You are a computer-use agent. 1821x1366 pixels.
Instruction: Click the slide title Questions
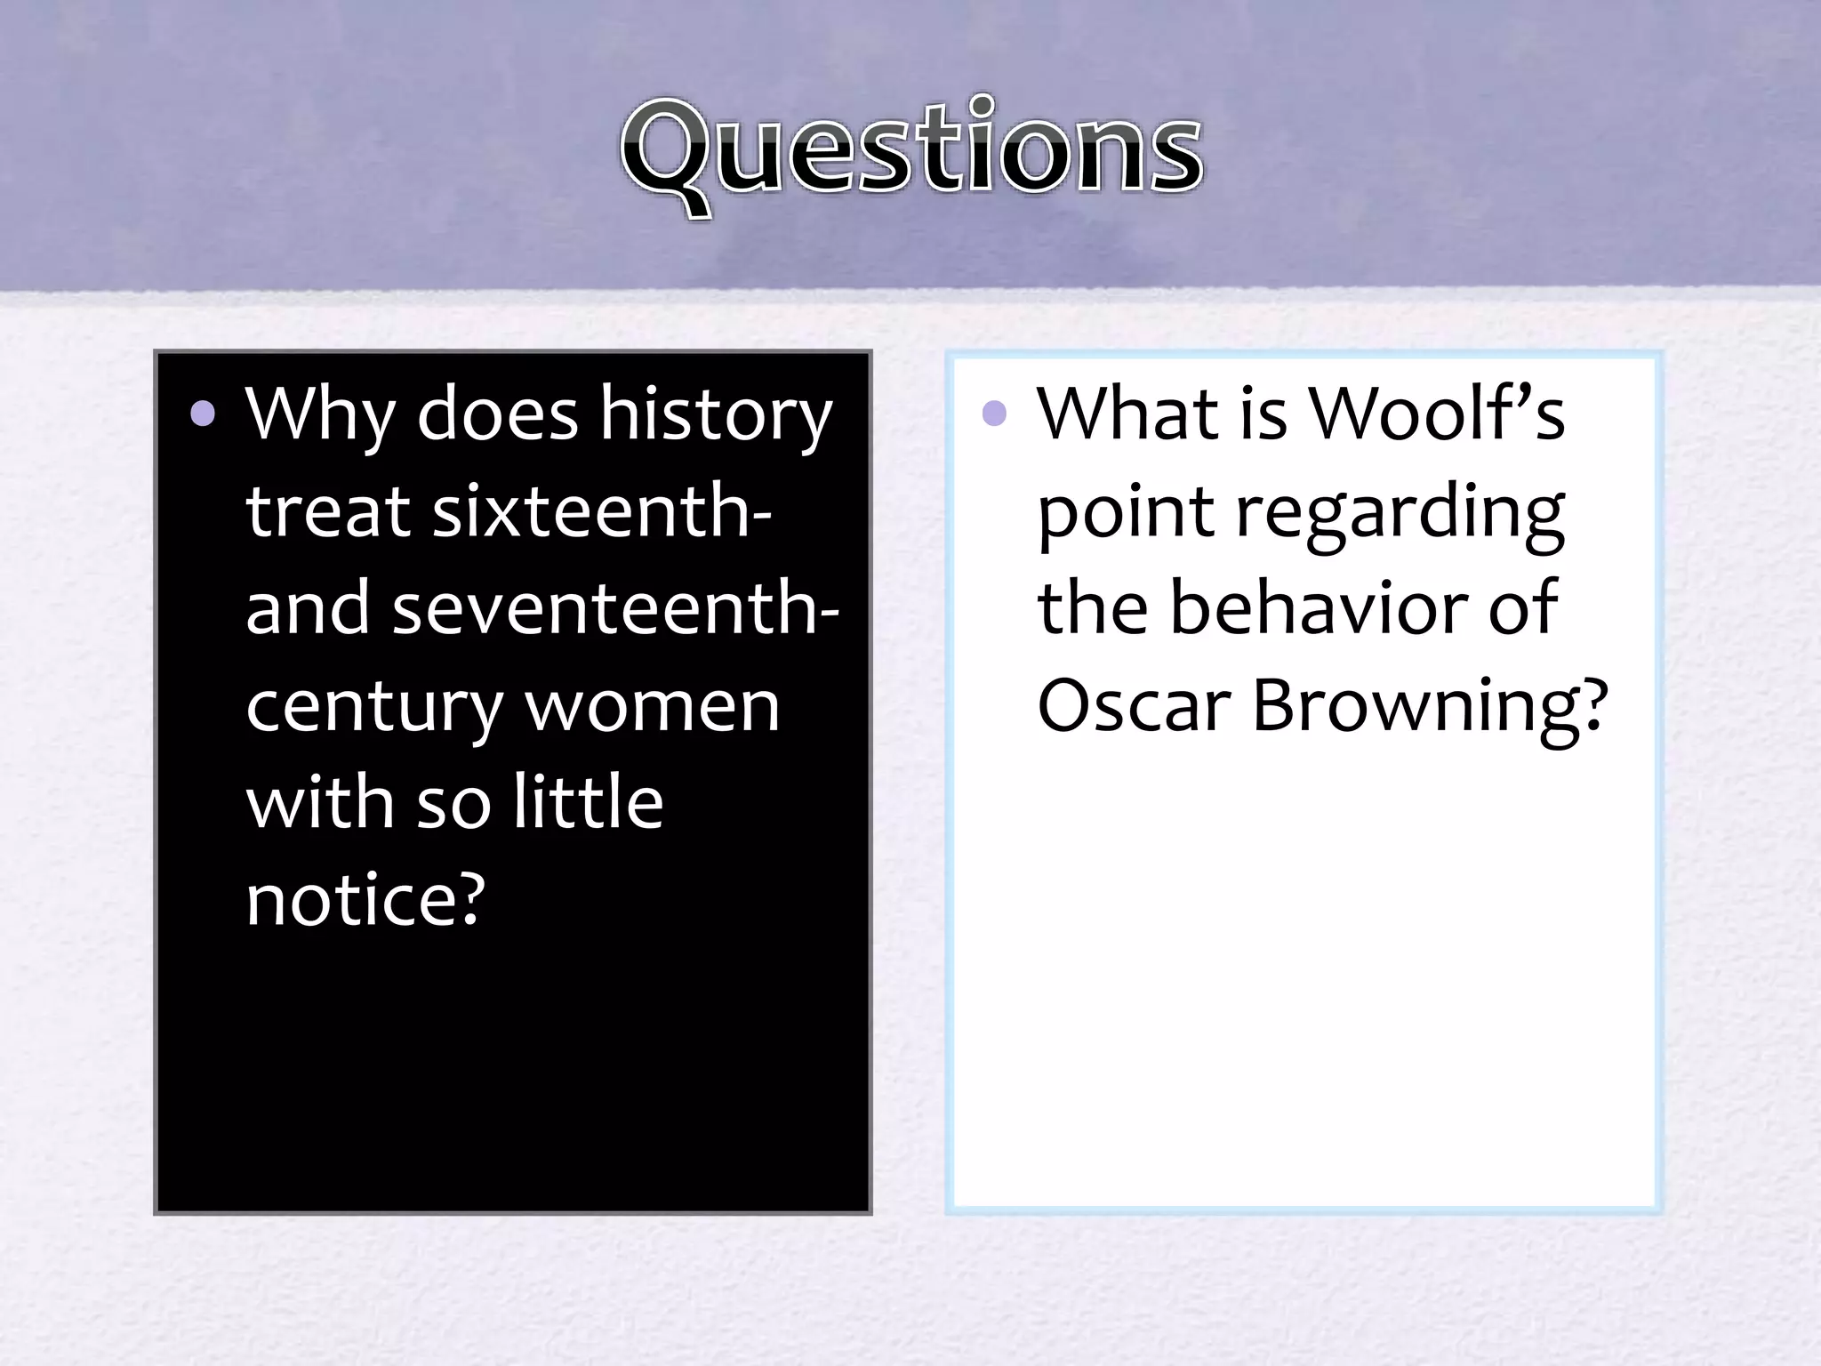911,151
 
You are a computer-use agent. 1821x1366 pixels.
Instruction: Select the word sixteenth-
602,512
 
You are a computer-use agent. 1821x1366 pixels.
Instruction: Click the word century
374,708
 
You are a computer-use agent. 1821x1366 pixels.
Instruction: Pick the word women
652,706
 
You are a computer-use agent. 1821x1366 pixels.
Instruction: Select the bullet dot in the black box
203,414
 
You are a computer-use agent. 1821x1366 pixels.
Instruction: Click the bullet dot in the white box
994,414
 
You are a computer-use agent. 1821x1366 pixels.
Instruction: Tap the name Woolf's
1437,414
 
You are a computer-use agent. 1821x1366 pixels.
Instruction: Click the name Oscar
1134,706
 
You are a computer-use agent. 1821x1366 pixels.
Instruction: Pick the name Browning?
1430,708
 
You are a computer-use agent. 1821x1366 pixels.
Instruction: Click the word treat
327,512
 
